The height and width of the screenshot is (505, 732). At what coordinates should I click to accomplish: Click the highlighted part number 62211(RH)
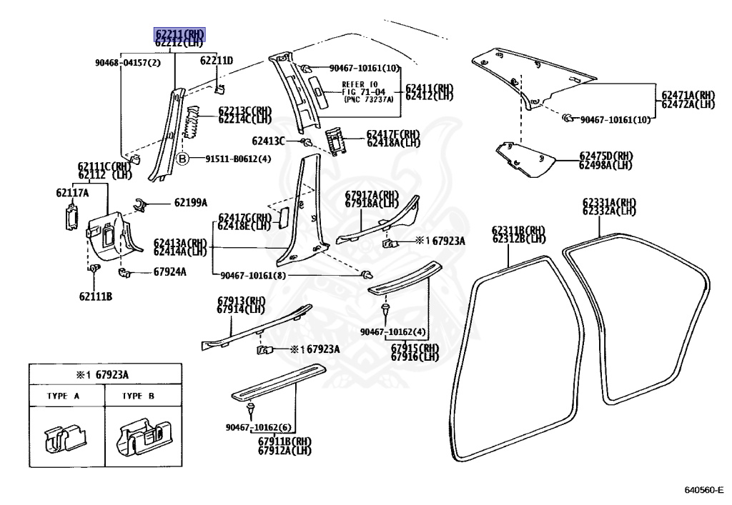coord(180,34)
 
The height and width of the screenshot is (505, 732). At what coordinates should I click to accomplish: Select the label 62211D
coord(217,61)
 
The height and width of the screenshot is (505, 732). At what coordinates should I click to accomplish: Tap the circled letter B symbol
coord(183,159)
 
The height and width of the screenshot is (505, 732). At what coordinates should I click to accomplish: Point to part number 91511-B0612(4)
coord(238,159)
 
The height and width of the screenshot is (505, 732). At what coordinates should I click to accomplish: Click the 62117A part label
coord(72,193)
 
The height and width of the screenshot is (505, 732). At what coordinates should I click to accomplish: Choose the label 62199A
coord(190,202)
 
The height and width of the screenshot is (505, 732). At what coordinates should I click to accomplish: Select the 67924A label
coord(169,271)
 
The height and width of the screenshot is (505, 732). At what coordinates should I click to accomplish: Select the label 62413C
coord(269,141)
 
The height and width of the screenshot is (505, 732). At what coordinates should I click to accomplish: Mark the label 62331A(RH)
coord(608,202)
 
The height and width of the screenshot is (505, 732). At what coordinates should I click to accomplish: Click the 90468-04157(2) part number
coord(127,63)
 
